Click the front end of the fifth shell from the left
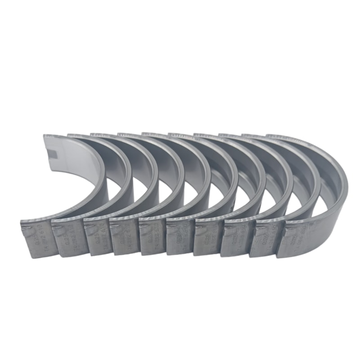point(152,236)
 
